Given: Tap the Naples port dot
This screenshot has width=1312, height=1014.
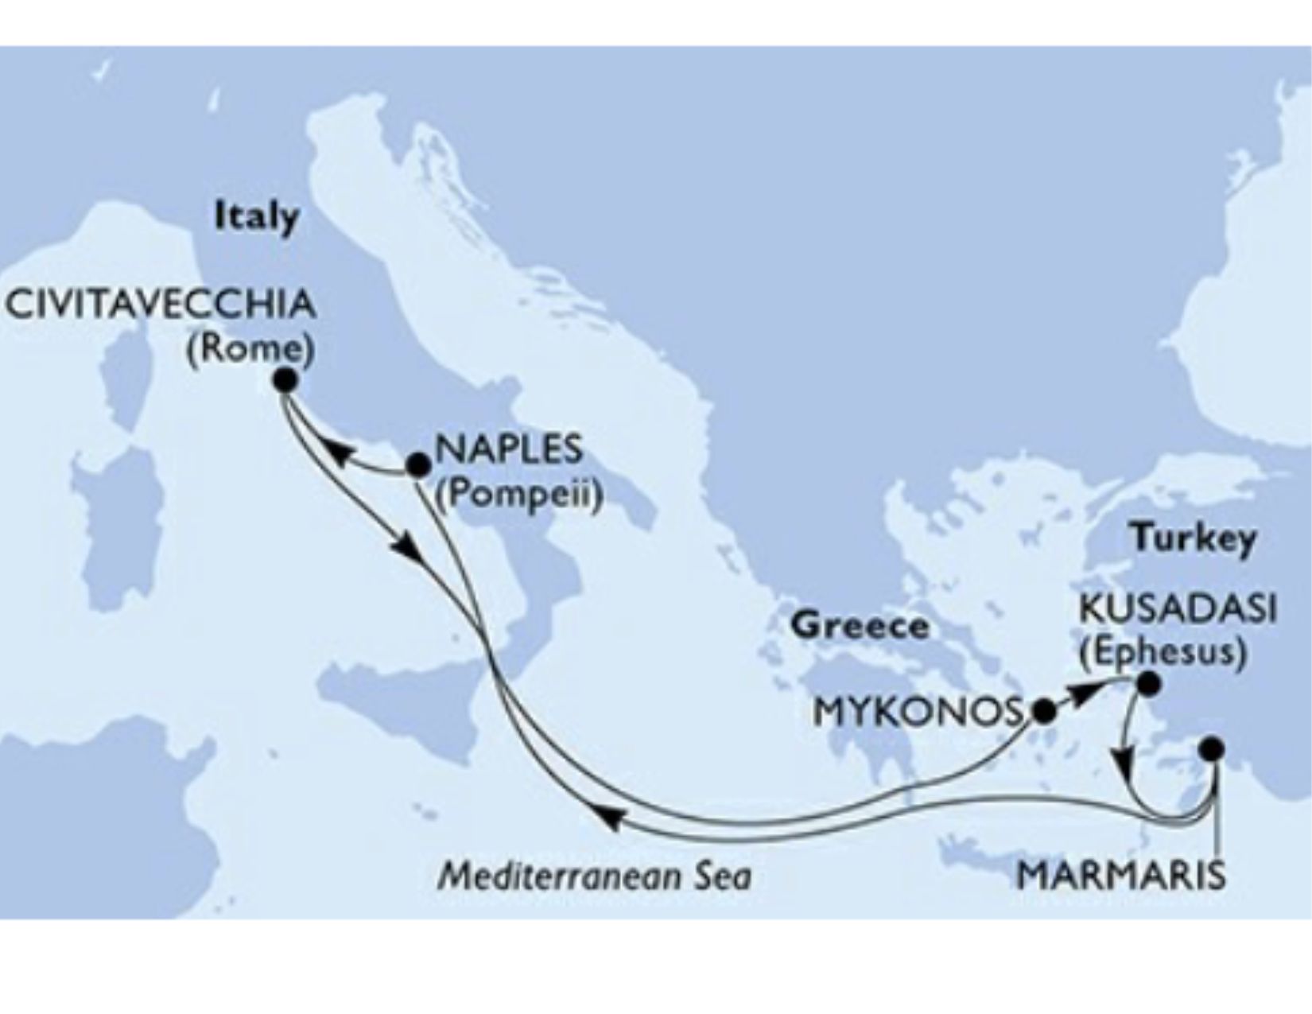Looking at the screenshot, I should click(417, 464).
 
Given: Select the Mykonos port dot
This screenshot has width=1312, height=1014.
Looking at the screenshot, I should click(1043, 711).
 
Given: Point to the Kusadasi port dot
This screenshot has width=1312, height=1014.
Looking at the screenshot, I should click(1147, 682).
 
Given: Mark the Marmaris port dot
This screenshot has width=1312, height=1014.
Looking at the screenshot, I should click(1211, 748).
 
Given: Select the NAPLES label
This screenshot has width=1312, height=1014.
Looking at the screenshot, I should click(509, 450).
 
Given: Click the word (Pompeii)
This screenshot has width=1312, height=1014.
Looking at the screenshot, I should click(518, 495).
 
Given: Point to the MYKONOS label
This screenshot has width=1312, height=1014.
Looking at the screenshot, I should click(917, 712).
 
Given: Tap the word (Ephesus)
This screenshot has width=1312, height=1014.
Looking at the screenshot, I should click(1162, 652).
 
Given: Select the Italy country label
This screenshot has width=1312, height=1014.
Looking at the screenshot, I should click(256, 216).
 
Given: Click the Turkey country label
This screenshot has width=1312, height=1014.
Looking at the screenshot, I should click(1194, 539).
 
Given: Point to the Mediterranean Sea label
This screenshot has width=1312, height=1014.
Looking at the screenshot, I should click(595, 876).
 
